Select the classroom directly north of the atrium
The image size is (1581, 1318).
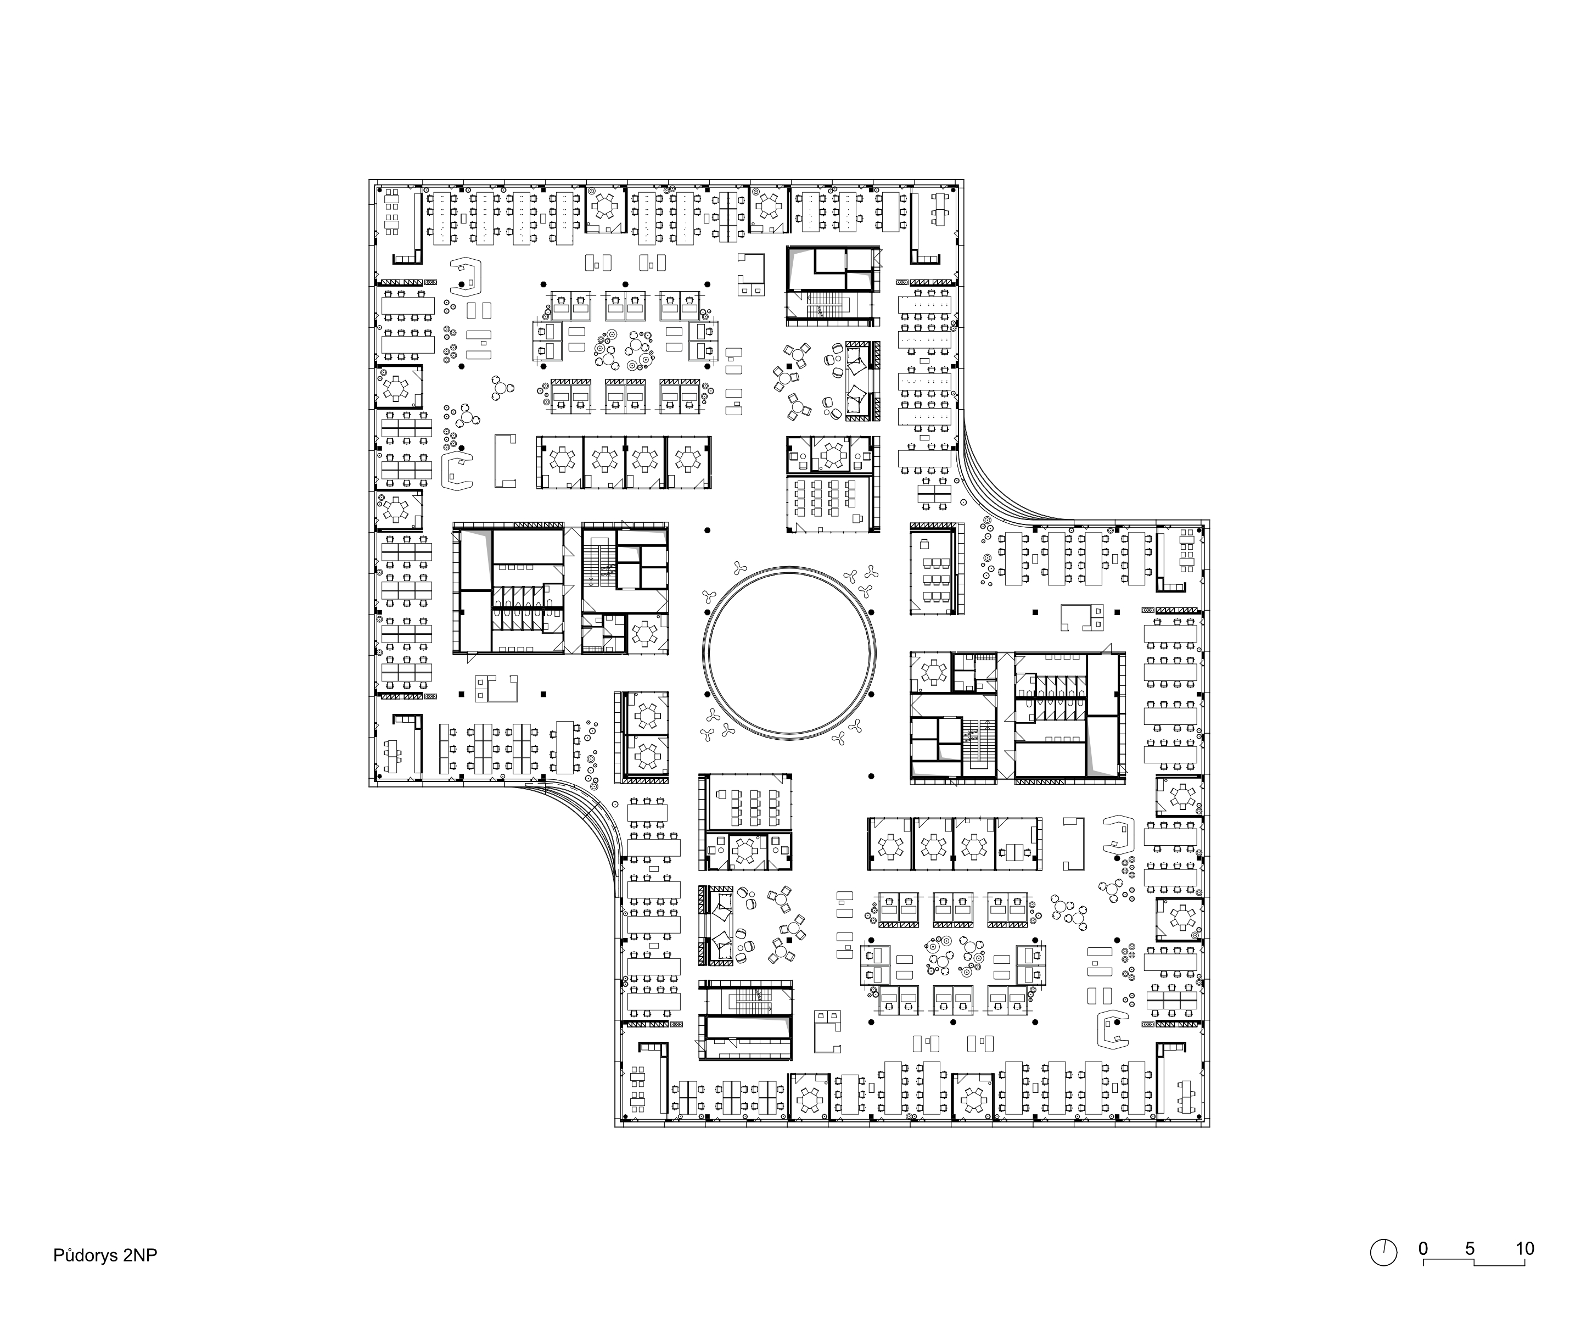click(x=832, y=503)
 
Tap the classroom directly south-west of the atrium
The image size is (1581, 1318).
click(x=745, y=802)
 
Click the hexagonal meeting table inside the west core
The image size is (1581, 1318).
click(x=646, y=634)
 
